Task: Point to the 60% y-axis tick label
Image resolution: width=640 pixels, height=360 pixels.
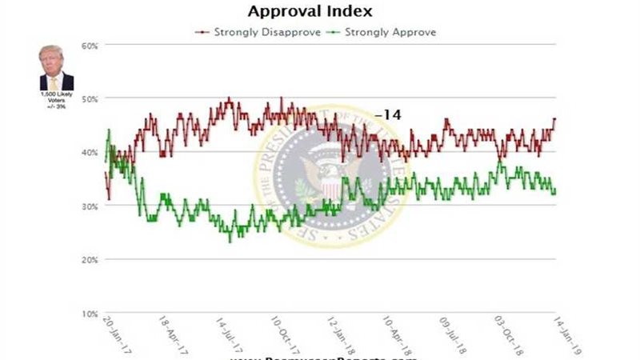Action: pyautogui.click(x=90, y=46)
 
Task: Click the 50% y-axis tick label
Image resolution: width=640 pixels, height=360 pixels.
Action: pyautogui.click(x=90, y=99)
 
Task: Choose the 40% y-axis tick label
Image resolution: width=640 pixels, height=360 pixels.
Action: pyautogui.click(x=90, y=153)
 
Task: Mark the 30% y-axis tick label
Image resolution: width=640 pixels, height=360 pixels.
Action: pyautogui.click(x=90, y=206)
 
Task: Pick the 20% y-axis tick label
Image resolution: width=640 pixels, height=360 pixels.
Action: pyautogui.click(x=90, y=260)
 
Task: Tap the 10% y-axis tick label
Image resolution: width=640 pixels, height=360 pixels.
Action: pyautogui.click(x=90, y=314)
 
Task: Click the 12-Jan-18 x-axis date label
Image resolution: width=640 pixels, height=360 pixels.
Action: pyautogui.click(x=342, y=329)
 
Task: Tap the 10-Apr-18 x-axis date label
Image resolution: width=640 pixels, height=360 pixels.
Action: pyautogui.click(x=398, y=329)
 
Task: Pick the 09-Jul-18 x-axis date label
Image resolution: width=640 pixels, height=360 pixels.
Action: pyautogui.click(x=453, y=329)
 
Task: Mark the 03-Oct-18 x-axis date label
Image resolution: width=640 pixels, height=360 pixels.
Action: pyautogui.click(x=510, y=329)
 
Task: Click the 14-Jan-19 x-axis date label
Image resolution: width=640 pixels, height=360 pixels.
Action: pyautogui.click(x=565, y=329)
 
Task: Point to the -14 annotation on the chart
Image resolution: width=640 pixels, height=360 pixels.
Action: pyautogui.click(x=387, y=115)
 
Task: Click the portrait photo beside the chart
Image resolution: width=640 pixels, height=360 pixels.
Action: pyautogui.click(x=56, y=69)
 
